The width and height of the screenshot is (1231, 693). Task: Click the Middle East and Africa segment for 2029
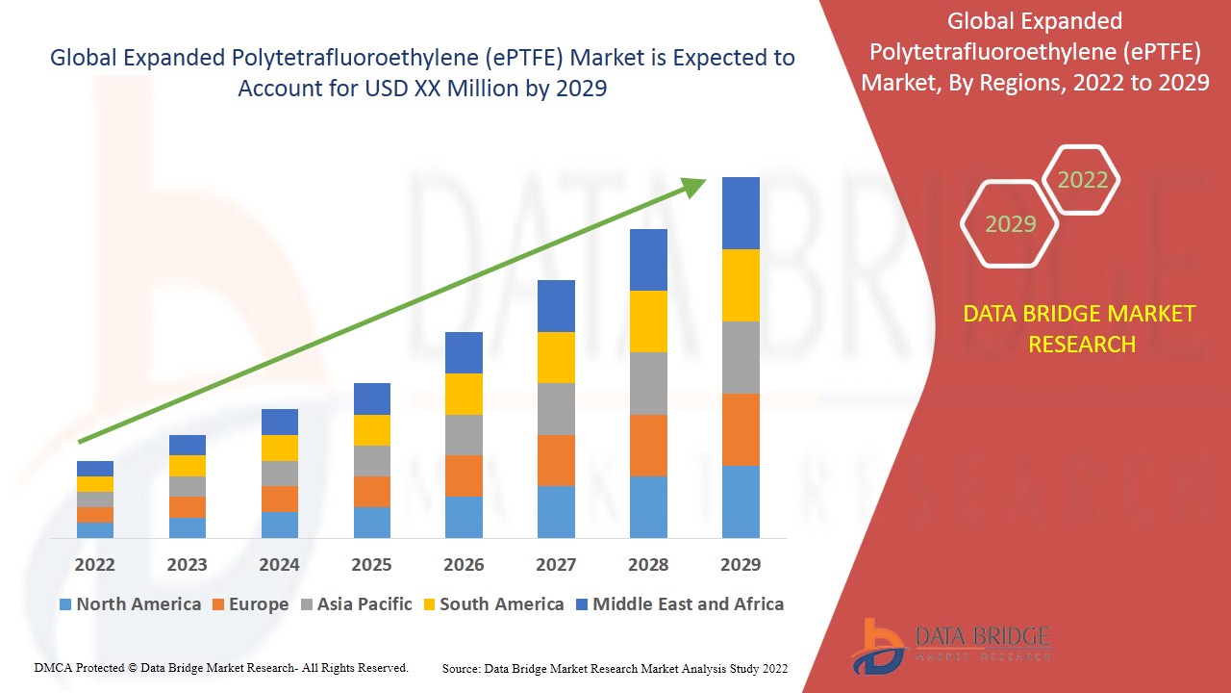coord(741,213)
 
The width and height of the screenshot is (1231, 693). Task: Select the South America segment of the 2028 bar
coord(648,321)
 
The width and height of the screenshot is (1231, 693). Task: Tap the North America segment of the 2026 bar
coord(464,517)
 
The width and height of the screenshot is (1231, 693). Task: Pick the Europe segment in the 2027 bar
coord(556,460)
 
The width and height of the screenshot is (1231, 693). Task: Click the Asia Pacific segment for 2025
coord(372,461)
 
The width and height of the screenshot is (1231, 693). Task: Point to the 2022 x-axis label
coord(95,564)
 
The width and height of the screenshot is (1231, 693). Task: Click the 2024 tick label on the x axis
coord(279,564)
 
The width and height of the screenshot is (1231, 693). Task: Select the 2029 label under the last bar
coord(741,564)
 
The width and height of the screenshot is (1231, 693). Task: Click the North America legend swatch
coord(65,604)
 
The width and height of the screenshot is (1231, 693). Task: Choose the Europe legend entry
coord(249,604)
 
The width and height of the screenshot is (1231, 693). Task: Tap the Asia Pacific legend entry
coord(356,604)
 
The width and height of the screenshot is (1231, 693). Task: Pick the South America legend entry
coord(491,604)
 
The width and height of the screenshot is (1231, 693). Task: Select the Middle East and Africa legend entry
coord(679,604)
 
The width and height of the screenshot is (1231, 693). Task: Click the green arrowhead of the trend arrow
coord(693,186)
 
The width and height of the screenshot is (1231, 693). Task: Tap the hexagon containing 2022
coord(1082,180)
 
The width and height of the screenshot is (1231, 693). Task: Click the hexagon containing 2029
coord(1010,224)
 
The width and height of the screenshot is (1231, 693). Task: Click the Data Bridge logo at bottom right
coord(951,645)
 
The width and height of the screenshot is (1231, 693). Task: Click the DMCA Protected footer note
coord(221,667)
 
